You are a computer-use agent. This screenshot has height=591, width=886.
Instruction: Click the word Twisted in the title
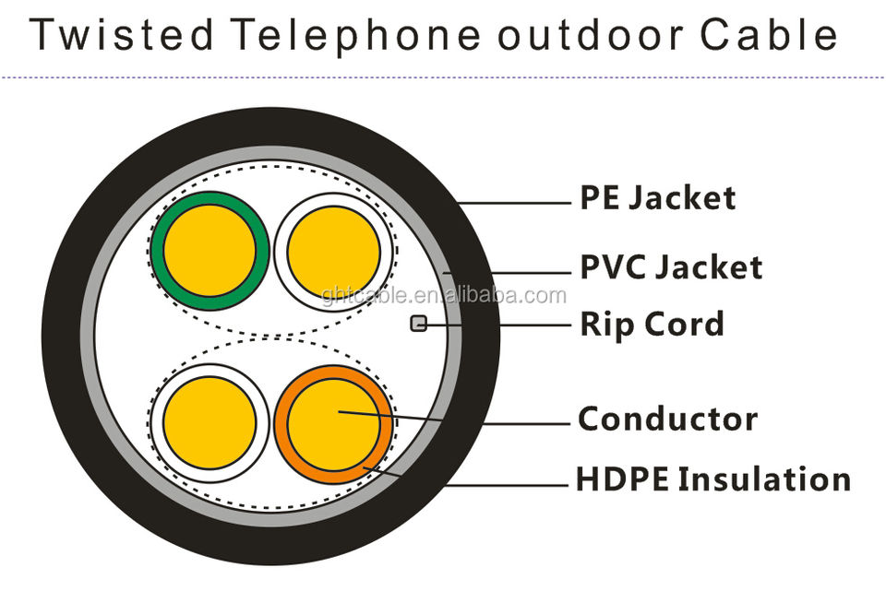click(x=120, y=34)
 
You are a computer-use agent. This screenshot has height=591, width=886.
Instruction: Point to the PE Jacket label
click(x=657, y=197)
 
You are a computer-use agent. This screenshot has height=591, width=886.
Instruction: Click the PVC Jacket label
click(x=671, y=266)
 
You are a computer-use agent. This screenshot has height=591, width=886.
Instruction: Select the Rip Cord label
click(x=652, y=325)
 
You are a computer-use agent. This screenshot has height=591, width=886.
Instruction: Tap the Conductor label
click(x=667, y=420)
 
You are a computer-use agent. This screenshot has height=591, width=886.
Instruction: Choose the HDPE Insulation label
click(x=712, y=479)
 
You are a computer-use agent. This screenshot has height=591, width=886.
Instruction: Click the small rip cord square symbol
click(x=417, y=324)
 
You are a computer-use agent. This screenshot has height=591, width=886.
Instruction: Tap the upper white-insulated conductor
click(x=334, y=251)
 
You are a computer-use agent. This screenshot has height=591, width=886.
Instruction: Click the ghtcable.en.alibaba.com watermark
click(x=444, y=296)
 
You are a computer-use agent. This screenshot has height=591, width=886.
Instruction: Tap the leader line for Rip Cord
click(x=498, y=325)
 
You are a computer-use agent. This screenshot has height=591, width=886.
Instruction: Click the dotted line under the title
click(x=443, y=77)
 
